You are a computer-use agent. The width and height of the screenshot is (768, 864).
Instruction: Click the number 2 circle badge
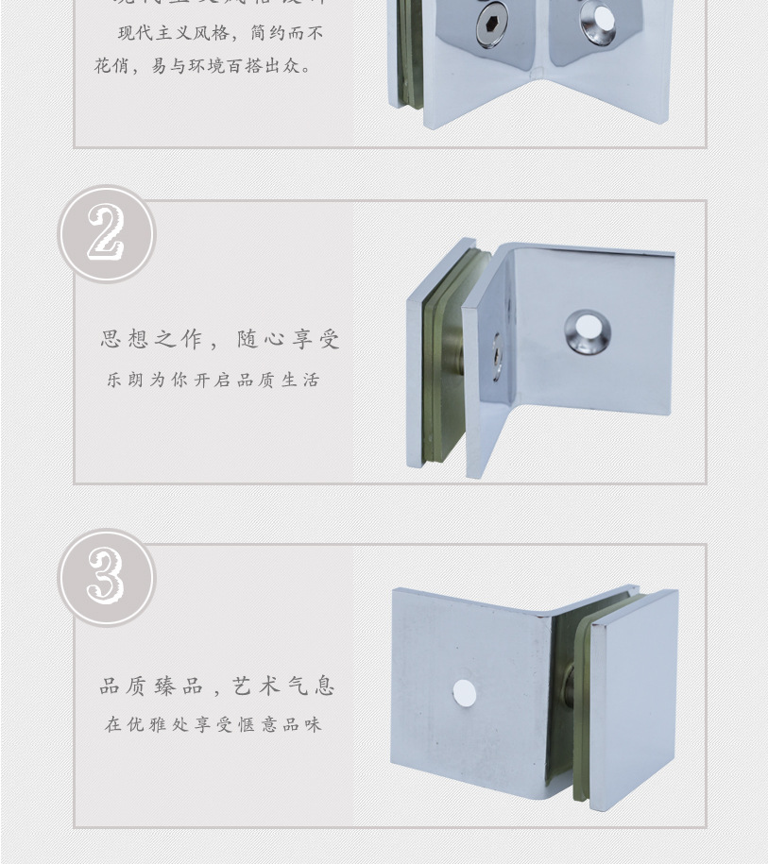point(106,234)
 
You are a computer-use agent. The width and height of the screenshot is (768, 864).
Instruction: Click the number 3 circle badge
point(106,577)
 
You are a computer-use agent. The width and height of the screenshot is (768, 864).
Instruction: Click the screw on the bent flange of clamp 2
point(496,357)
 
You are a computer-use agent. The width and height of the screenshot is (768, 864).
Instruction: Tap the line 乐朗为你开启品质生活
point(213,381)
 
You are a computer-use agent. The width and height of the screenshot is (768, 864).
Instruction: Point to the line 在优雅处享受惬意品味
point(213,725)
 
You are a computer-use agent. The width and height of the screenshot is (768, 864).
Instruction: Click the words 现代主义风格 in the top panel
point(174,34)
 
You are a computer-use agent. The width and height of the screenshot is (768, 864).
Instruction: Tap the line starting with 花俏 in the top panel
point(203,67)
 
